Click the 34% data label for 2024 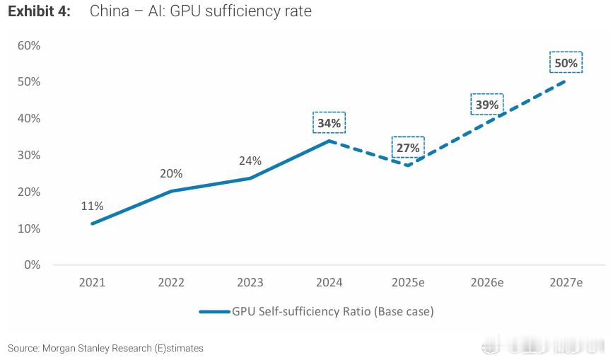point(329,123)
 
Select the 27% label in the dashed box point(408,148)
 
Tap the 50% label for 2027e point(566,63)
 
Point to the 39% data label point(486,105)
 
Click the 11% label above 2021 point(92,206)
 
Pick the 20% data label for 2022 point(171,173)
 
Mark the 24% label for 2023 point(250,161)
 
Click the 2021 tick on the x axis point(92,282)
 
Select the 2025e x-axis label point(408,282)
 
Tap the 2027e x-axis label point(566,282)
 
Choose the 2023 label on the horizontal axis point(250,282)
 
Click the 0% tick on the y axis point(32,265)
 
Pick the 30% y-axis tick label point(29,155)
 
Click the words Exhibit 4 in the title point(39,12)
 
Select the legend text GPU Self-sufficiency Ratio point(332,310)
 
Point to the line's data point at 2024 point(329,141)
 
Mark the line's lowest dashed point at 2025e point(408,166)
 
